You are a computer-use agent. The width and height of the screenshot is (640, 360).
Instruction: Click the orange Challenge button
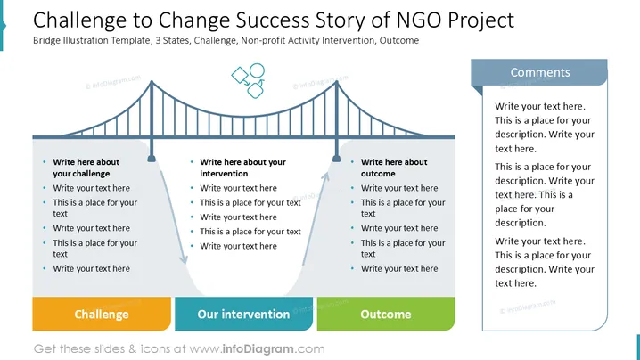[x=102, y=314]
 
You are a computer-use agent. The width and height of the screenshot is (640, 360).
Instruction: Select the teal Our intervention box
[x=243, y=314]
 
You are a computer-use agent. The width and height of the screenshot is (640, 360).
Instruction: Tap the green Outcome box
[x=386, y=314]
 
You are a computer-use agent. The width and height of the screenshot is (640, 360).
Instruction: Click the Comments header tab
[x=539, y=72]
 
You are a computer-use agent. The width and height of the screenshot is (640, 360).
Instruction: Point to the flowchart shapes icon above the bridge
[x=248, y=80]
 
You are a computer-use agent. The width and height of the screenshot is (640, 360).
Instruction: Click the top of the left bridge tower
[x=152, y=82]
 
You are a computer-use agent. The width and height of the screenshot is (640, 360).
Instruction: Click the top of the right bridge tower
[x=336, y=82]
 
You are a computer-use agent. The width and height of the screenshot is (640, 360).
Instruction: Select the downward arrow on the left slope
[x=174, y=217]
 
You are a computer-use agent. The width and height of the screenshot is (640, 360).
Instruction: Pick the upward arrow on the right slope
[x=316, y=218]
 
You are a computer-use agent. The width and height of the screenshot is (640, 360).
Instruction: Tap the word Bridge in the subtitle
[x=46, y=40]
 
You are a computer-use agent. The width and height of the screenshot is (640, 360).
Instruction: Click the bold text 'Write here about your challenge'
[x=86, y=168]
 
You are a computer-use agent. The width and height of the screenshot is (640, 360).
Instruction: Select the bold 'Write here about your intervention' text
[x=242, y=168]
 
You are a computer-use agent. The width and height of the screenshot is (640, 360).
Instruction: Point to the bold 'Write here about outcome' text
[x=394, y=168]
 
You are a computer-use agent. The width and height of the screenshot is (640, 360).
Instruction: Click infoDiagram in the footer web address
[x=258, y=349]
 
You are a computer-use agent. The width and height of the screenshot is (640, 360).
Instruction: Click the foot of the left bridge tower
[x=152, y=158]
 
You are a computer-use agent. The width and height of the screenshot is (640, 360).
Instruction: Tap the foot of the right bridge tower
[x=336, y=158]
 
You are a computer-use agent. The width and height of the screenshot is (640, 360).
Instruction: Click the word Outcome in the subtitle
[x=399, y=40]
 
